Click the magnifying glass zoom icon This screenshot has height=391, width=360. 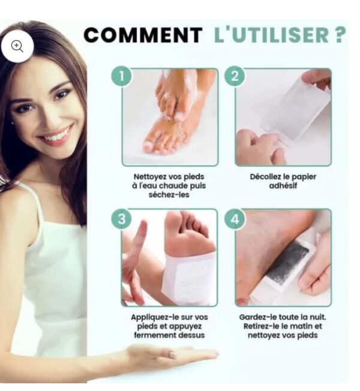[17, 46]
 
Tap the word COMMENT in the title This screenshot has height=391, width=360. [143, 35]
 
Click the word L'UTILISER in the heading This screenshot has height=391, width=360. [272, 35]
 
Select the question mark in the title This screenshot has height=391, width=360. [339, 35]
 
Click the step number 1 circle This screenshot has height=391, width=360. [121, 76]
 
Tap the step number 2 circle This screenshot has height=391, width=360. [235, 76]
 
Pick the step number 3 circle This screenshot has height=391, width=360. [121, 219]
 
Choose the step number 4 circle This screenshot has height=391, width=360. [235, 219]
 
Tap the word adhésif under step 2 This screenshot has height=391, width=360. [283, 185]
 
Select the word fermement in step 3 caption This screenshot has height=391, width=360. [150, 335]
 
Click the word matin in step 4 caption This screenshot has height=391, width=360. [302, 326]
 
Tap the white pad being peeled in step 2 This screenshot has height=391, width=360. [295, 110]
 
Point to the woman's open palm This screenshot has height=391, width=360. [172, 354]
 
